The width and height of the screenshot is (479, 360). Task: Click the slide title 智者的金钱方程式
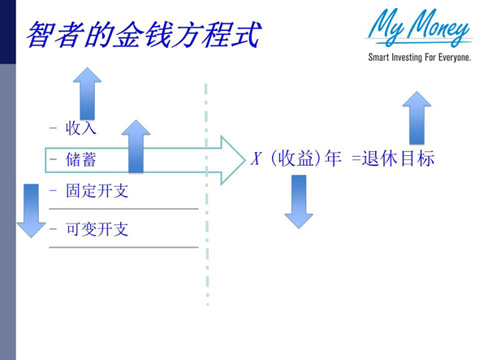point(142,34)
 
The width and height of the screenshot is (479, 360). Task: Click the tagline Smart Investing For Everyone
point(419,58)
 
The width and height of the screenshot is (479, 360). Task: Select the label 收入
point(81,128)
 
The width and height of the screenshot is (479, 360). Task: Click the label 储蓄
point(81,159)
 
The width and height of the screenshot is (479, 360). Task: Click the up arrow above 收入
point(87,93)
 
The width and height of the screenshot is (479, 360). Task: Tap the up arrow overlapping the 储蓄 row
point(136,146)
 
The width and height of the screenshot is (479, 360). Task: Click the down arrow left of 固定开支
point(31,209)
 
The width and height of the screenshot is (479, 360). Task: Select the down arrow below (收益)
point(298,201)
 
